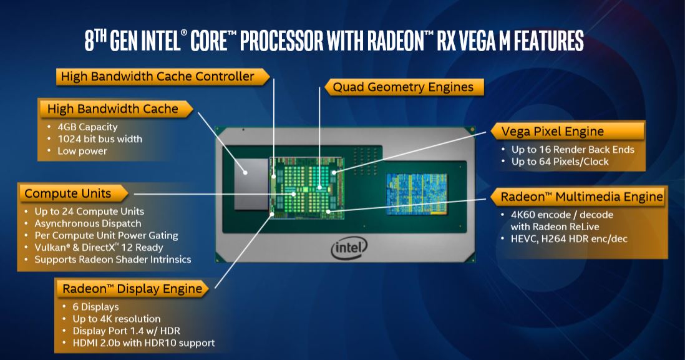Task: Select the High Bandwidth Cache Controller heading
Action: [157, 77]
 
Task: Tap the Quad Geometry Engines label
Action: [403, 87]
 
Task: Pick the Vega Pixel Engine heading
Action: [553, 131]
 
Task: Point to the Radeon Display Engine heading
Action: [132, 288]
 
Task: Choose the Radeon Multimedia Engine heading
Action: [581, 197]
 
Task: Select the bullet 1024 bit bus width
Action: [100, 139]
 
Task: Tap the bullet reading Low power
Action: [82, 151]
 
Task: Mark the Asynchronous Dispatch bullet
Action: [88, 223]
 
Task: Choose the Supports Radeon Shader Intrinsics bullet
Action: [113, 259]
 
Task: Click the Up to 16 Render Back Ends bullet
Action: [573, 150]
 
